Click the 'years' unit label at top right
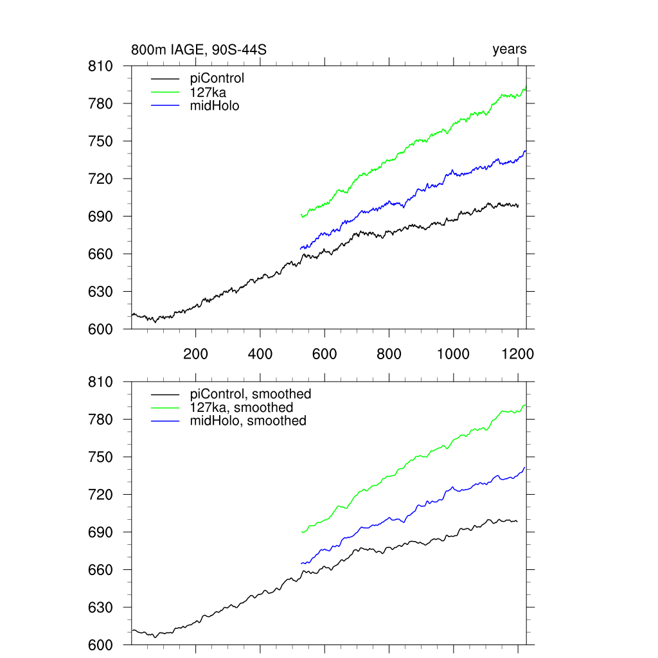pos(510,49)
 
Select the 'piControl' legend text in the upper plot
pos(217,79)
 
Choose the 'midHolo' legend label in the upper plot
pos(215,106)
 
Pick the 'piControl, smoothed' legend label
pos(251,394)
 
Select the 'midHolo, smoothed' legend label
pos(248,421)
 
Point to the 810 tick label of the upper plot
pos(100,66)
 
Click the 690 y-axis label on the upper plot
pos(100,217)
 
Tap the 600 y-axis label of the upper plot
pos(100,329)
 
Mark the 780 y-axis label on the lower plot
pos(100,420)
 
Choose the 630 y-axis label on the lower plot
pos(100,608)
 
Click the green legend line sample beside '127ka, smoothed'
pos(164,407)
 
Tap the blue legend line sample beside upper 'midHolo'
pos(164,106)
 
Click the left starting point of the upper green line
pos(301,216)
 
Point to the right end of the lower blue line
pos(525,467)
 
